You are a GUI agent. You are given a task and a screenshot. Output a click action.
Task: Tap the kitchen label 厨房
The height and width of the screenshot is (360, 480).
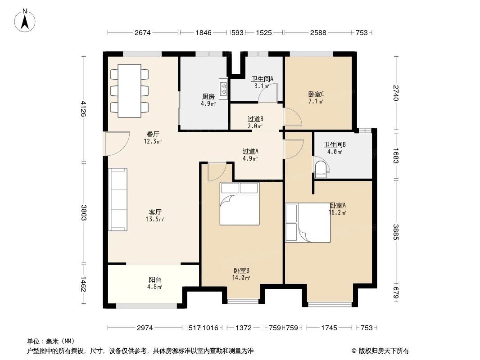coord(208,96)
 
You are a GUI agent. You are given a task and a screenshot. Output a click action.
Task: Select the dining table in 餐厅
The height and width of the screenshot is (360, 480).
coord(129,90)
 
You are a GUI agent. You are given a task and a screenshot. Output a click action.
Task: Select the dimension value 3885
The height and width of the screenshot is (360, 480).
coord(396,232)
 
